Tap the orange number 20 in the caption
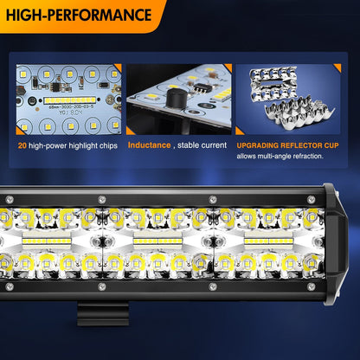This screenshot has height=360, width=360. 22,145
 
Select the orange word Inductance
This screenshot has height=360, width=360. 149,145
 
